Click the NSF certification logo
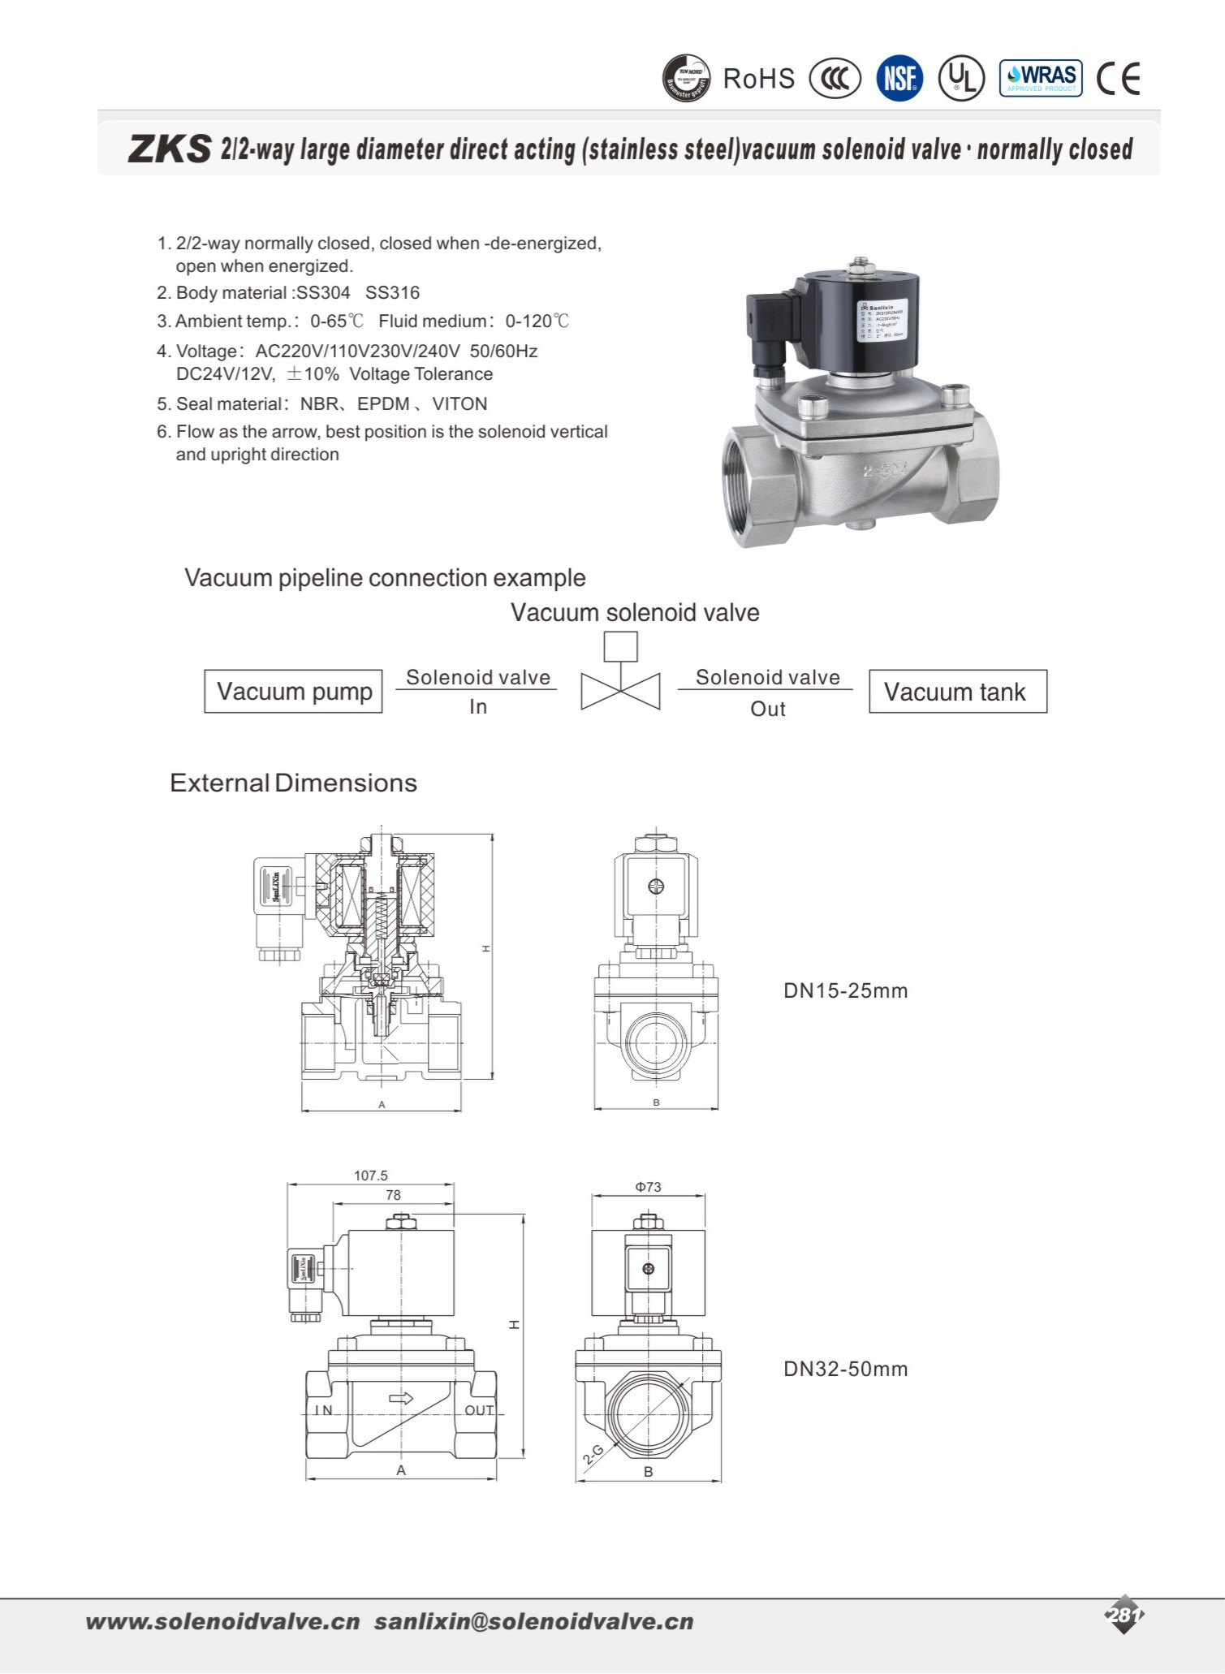[899, 79]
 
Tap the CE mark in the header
[1118, 79]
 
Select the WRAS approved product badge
[1041, 79]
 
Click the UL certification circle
[962, 79]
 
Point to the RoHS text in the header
[759, 79]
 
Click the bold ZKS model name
[170, 149]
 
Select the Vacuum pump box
[293, 692]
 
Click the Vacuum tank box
[957, 692]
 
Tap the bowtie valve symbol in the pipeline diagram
[620, 691]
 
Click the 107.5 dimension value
[371, 1176]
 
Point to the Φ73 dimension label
[648, 1187]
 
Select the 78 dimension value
[394, 1195]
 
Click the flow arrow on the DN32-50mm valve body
[402, 1398]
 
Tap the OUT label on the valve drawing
[479, 1410]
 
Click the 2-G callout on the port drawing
[593, 1455]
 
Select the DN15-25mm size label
[845, 990]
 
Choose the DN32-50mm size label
[845, 1369]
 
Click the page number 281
[1124, 1615]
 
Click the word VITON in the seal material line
[459, 404]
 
